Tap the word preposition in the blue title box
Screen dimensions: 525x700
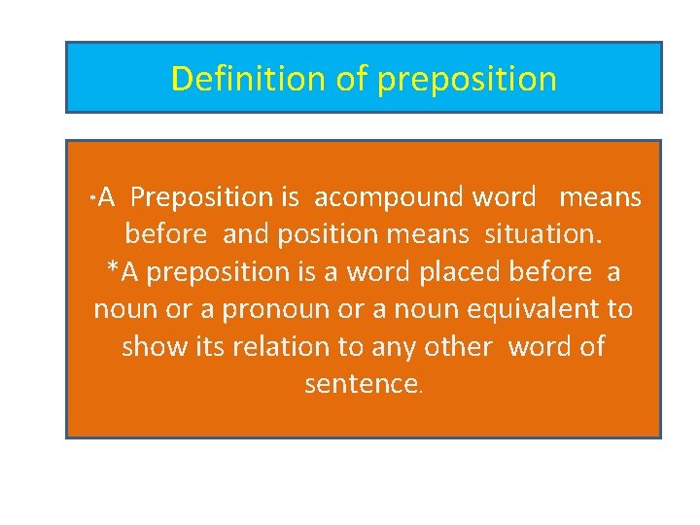[x=467, y=79]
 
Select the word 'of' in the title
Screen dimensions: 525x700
[x=351, y=78]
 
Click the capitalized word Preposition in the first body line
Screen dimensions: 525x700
[x=201, y=197]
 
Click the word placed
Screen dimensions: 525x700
[x=461, y=272]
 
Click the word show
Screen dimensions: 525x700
[x=154, y=346]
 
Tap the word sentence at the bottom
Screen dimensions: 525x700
[x=360, y=384]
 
